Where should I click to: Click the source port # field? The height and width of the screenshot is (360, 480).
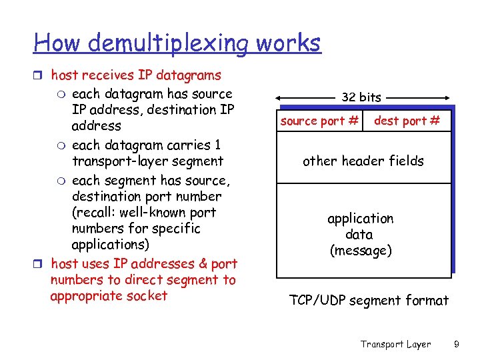point(320,121)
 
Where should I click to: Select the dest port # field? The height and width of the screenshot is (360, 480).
point(407,121)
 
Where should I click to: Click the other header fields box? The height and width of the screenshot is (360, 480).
point(363,161)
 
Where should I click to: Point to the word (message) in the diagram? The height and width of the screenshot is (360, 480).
point(361,251)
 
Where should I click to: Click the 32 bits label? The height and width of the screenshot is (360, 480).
point(361,97)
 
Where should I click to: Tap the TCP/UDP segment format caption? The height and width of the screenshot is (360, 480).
point(369,301)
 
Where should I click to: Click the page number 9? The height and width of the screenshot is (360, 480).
point(456,344)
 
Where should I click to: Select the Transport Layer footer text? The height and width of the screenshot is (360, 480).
point(396,344)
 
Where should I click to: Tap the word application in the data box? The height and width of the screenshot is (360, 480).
point(361,219)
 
